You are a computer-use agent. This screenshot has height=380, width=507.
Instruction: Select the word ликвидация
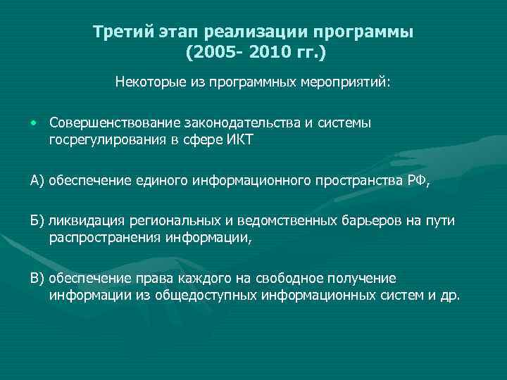[x=80, y=222]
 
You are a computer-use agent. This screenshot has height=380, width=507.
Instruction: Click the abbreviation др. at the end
[x=451, y=296]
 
